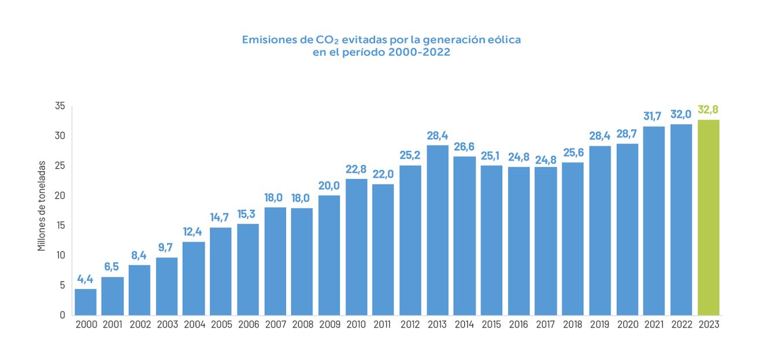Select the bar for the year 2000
pos(86,302)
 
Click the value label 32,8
pos(709,110)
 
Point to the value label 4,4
pos(86,279)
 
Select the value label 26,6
pos(465,147)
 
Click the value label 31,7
pos(654,116)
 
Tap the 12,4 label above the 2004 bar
pos(194,232)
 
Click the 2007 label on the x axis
pos(275,325)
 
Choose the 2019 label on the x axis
pos(601,325)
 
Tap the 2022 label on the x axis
pos(681,325)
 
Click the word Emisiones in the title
pos(267,40)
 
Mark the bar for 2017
pos(546,240)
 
